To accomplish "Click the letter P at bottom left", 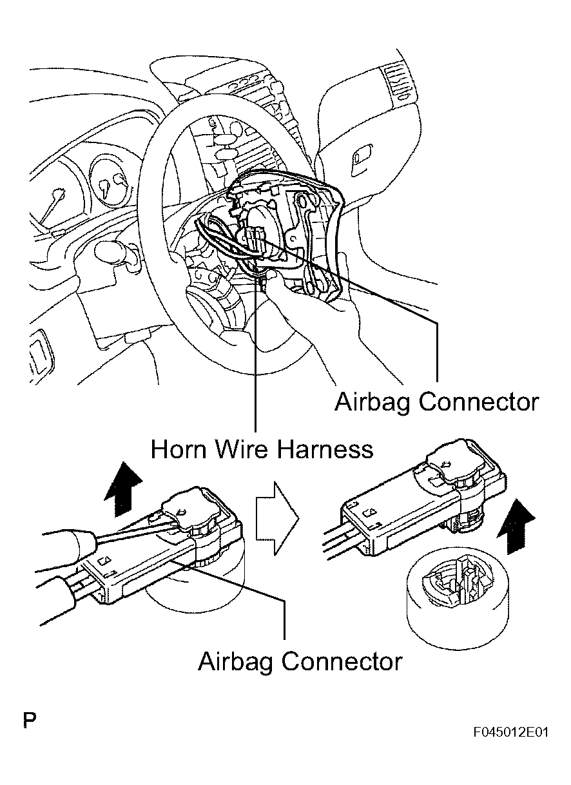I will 29,720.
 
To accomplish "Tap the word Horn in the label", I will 177,449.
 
